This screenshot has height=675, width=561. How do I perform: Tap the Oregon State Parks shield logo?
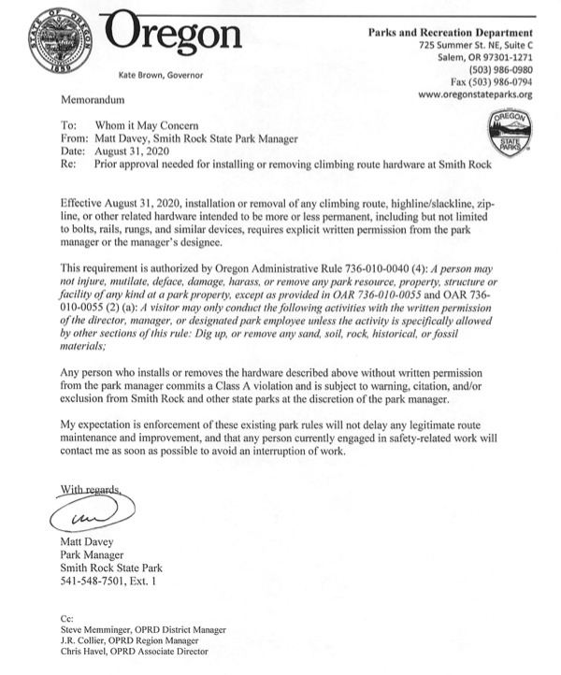click(509, 132)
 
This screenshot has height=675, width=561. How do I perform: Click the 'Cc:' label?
click(65, 620)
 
